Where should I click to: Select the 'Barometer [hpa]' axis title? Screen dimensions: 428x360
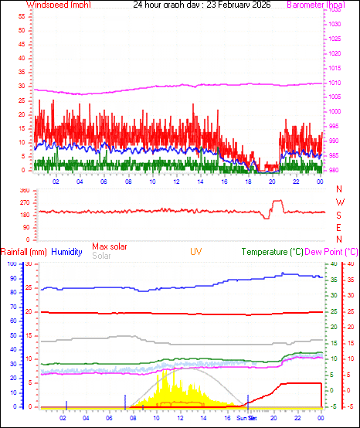click(319, 5)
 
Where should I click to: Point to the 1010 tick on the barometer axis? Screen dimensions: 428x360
click(335, 83)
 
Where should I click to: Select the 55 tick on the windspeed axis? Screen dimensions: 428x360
click(22, 16)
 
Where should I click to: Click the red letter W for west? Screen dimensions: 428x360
click(339, 202)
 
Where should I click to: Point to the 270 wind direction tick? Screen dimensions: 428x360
click(24, 202)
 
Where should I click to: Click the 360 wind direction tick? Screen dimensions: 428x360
click(24, 190)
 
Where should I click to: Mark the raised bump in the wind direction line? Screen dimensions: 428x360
click(277, 202)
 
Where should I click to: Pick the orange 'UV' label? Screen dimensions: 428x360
click(196, 252)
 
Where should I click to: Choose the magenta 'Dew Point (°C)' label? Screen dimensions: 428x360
click(332, 252)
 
